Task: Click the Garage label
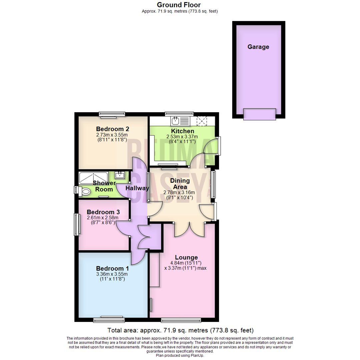click(258, 47)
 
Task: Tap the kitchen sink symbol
click(180, 120)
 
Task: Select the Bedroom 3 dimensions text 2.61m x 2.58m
click(103, 218)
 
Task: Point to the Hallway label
click(137, 188)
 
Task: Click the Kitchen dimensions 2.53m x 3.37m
click(182, 137)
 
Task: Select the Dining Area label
click(180, 184)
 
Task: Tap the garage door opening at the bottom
click(260, 114)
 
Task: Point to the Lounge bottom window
click(181, 320)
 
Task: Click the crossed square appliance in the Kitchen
click(202, 121)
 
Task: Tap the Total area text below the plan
click(180, 331)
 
